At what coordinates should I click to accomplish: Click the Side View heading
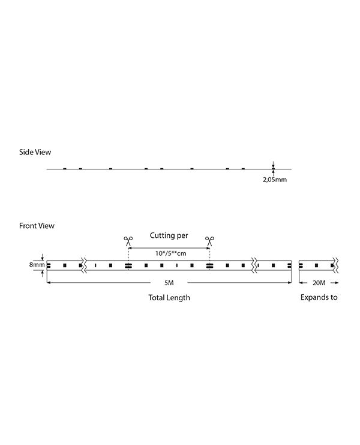(35, 152)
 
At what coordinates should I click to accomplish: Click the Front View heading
(37, 226)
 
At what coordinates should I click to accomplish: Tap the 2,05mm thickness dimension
(275, 180)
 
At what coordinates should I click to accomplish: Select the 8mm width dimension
(37, 265)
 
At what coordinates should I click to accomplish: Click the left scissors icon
(128, 241)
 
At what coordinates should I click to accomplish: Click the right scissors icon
(209, 241)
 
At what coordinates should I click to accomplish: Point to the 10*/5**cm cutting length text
(170, 253)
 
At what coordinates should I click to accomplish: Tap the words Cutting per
(169, 235)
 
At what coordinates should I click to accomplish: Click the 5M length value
(169, 283)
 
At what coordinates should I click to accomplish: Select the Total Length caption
(169, 298)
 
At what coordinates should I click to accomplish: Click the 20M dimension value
(319, 283)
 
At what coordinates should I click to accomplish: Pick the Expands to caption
(319, 297)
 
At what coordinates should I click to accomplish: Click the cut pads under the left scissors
(128, 265)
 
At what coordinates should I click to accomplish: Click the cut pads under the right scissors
(210, 265)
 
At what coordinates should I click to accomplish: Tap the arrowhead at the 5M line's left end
(49, 283)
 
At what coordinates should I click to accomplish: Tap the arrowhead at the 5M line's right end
(290, 283)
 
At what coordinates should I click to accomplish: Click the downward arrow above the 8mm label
(43, 256)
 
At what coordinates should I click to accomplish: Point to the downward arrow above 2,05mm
(273, 165)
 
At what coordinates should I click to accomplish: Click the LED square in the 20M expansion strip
(316, 265)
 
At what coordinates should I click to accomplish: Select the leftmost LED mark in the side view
(65, 169)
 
